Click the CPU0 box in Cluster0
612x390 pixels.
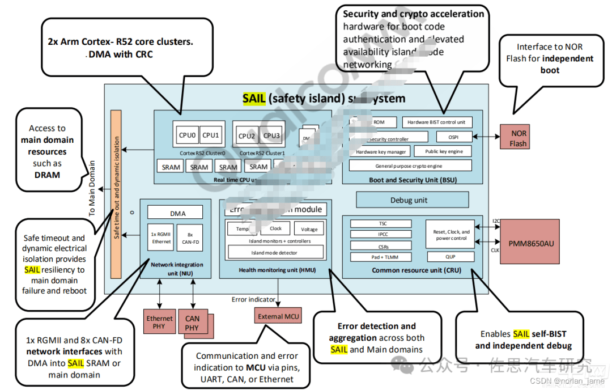pyautogui.click(x=187, y=135)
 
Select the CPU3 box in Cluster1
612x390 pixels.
pyautogui.click(x=271, y=135)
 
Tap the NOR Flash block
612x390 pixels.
pyautogui.click(x=518, y=138)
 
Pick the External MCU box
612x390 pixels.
pyautogui.click(x=278, y=316)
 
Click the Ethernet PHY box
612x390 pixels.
pyautogui.click(x=160, y=322)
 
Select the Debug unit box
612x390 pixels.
pyautogui.click(x=412, y=200)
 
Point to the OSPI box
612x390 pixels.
pyautogui.click(x=454, y=137)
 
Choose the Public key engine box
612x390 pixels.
pyautogui.click(x=444, y=151)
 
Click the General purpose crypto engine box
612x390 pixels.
pyautogui.click(x=410, y=166)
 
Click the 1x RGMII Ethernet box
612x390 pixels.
pyautogui.click(x=161, y=238)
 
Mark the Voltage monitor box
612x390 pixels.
pyautogui.click(x=309, y=228)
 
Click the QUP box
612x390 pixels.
pyautogui.click(x=450, y=256)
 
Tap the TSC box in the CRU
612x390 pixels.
pyautogui.click(x=383, y=223)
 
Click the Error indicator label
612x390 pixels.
pyautogui.click(x=253, y=299)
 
